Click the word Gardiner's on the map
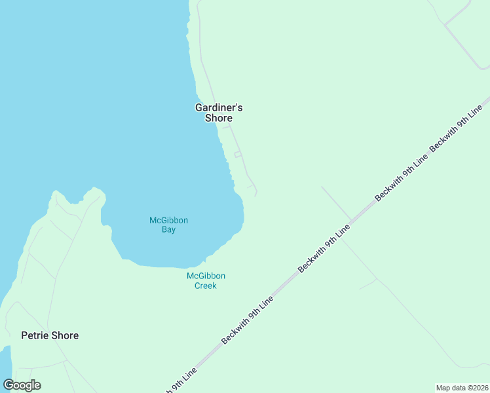(x=219, y=107)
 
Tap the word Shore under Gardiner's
(x=219, y=119)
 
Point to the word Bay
(x=168, y=230)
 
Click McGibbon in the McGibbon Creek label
(x=206, y=276)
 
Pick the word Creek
(x=205, y=286)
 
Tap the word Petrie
(x=35, y=335)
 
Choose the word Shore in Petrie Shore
(x=65, y=335)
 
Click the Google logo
(x=22, y=385)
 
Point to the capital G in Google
(x=9, y=384)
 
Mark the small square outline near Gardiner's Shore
(x=238, y=155)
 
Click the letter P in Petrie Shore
(x=24, y=335)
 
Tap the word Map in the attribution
(x=443, y=388)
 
